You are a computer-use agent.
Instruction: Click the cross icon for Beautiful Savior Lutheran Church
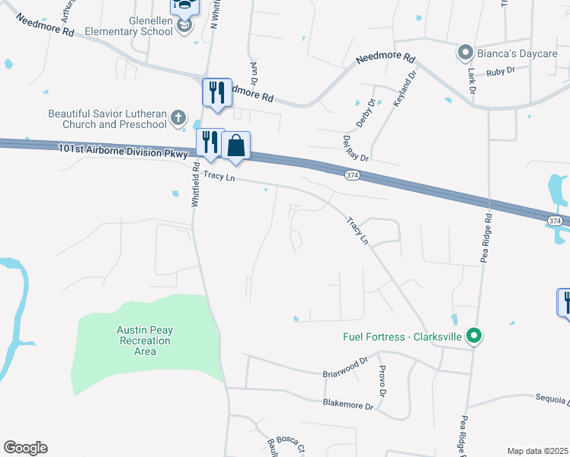pos(178,117)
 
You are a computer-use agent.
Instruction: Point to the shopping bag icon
pos(236,145)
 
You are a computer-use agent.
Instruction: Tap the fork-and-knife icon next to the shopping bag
pos(210,142)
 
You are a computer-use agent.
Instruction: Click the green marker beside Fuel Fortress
pos(473,335)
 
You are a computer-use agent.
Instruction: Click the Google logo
pos(25,448)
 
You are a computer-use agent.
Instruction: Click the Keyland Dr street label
pos(406,87)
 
